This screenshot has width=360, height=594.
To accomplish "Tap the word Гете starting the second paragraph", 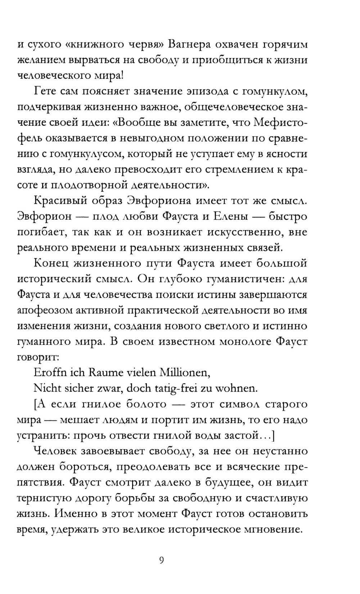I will (x=45, y=91).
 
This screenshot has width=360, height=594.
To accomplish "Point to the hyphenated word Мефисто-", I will (x=280, y=122).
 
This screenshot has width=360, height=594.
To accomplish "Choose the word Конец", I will (x=50, y=263).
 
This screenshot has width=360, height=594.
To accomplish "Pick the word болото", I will (x=146, y=404).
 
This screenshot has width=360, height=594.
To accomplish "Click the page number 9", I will (x=162, y=560).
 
